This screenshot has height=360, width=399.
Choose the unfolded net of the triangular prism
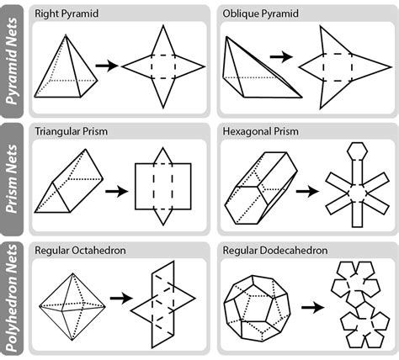pos(162,185)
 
